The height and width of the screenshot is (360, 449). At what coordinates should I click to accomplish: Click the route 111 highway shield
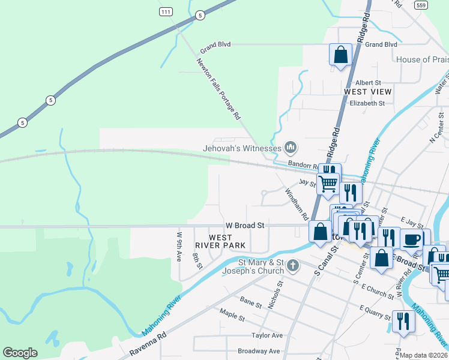(x=166, y=12)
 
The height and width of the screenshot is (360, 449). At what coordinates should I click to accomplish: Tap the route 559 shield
(x=421, y=4)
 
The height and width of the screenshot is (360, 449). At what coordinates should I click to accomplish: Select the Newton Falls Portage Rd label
(x=219, y=88)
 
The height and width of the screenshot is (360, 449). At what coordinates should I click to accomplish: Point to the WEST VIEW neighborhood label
(x=367, y=92)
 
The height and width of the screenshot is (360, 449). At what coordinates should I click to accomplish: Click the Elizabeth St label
(x=367, y=103)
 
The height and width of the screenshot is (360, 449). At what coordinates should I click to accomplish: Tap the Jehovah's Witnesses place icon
(x=291, y=147)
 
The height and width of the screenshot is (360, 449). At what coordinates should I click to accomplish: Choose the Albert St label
(x=369, y=82)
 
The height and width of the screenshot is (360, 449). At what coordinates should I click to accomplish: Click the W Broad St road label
(x=245, y=226)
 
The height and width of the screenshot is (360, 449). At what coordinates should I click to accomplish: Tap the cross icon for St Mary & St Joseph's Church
(x=292, y=265)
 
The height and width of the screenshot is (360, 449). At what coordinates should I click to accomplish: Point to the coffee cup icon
(x=412, y=239)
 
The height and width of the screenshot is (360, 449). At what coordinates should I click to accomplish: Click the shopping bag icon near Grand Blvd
(x=340, y=55)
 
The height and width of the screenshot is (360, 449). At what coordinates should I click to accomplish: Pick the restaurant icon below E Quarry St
(x=403, y=320)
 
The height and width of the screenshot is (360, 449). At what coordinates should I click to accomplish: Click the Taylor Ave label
(x=267, y=335)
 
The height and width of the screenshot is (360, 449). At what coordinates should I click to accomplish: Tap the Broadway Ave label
(x=259, y=351)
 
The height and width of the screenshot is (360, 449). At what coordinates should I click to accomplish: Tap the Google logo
(x=20, y=353)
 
